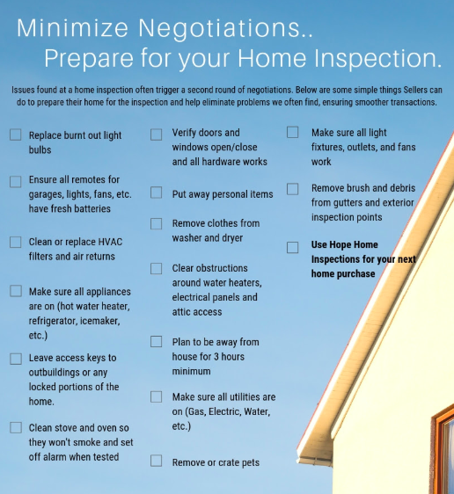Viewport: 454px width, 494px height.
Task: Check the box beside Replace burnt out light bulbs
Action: (16, 134)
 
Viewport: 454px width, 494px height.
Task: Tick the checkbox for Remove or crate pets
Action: (156, 461)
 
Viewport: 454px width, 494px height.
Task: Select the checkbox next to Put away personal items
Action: (156, 193)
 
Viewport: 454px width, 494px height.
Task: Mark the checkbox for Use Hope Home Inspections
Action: (293, 247)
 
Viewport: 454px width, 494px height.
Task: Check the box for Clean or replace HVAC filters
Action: (16, 243)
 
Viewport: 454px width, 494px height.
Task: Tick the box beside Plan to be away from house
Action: (156, 342)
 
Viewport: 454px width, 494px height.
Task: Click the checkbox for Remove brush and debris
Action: (293, 189)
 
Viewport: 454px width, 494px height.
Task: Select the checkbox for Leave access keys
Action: (16, 359)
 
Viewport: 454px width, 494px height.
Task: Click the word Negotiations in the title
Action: (225, 29)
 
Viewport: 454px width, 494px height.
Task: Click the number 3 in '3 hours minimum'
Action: (216, 357)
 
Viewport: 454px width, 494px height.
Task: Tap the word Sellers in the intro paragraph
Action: (415, 90)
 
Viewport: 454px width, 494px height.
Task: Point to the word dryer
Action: (232, 238)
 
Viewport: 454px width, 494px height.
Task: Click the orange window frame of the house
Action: (437, 454)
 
